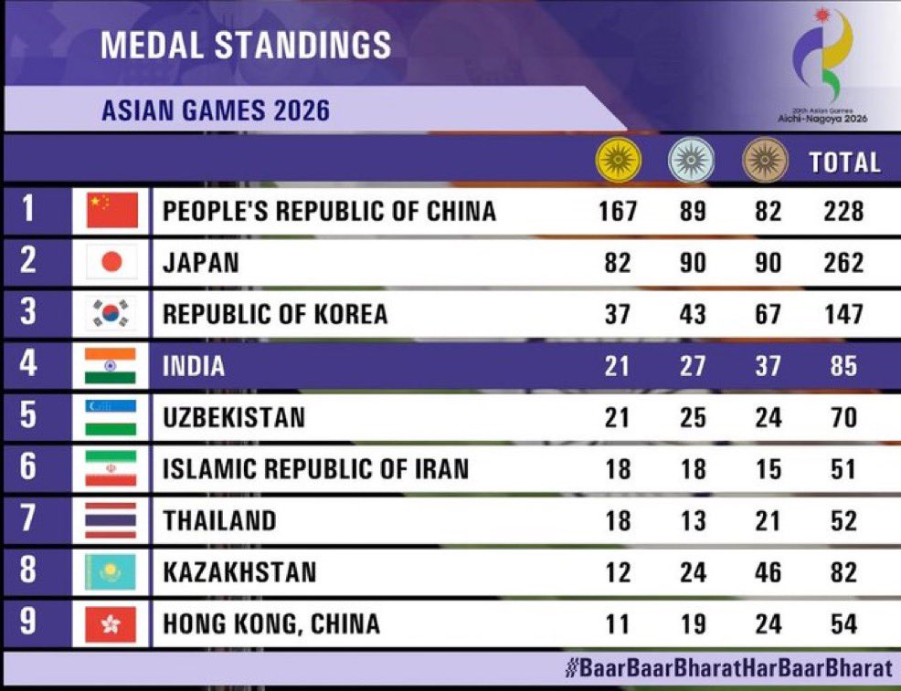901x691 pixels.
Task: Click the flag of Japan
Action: [111, 262]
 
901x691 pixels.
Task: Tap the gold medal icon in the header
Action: [618, 160]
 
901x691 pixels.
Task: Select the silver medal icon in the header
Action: [692, 160]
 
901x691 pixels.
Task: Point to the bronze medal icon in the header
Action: [766, 160]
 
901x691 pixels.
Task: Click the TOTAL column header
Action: [844, 162]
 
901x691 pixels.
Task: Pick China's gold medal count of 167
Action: [618, 211]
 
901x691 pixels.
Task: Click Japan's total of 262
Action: [843, 262]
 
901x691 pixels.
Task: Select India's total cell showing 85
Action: [843, 366]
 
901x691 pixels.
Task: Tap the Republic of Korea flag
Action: [111, 313]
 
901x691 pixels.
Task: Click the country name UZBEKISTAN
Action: [234, 417]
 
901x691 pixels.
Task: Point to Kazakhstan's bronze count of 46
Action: [768, 572]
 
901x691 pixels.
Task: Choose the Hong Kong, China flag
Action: [111, 623]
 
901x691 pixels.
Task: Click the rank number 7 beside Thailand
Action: [27, 518]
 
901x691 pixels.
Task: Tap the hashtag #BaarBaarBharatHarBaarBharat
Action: [728, 668]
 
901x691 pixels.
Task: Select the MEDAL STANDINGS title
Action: [246, 45]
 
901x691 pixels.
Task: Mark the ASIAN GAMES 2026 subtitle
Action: [216, 110]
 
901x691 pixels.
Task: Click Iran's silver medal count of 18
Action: [693, 469]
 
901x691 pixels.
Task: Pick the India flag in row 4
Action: [111, 366]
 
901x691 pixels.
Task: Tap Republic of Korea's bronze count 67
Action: [768, 314]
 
